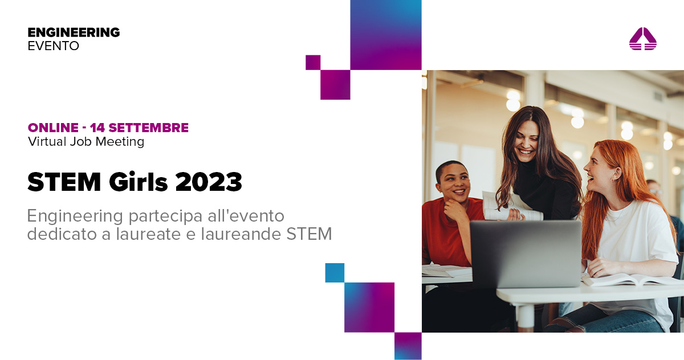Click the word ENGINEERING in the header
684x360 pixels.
pos(74,32)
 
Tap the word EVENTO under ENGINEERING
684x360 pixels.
pos(53,46)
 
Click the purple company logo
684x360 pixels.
pos(642,39)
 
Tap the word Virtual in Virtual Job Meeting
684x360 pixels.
pos(45,142)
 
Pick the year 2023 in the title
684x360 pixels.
pos(209,182)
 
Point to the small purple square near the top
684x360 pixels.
pos(313,62)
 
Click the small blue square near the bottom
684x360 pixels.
pos(335,272)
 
